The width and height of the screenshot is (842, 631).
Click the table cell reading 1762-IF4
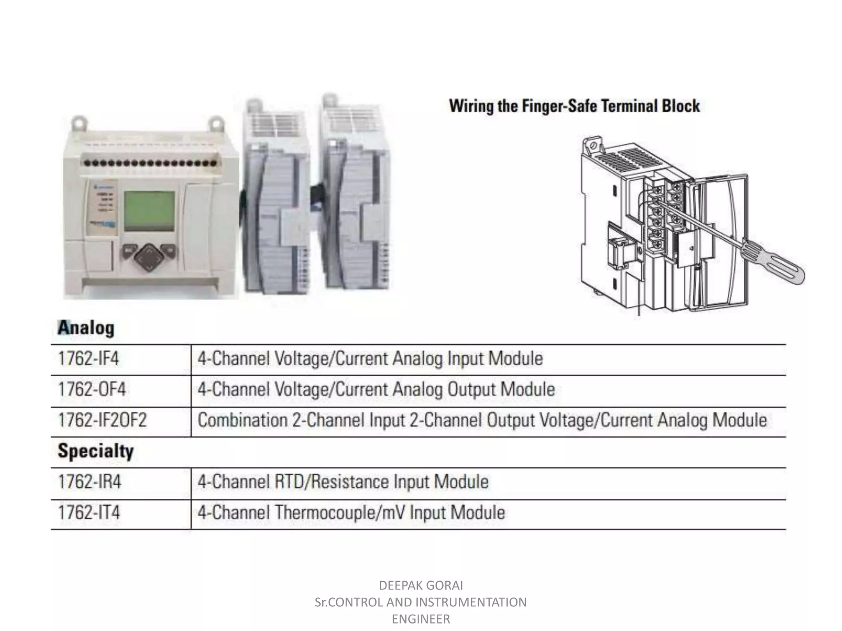pos(88,359)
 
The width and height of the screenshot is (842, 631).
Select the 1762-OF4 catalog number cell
pos(92,389)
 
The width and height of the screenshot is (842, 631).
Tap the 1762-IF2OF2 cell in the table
pos(102,420)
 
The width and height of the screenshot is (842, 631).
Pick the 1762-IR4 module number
pos(90,482)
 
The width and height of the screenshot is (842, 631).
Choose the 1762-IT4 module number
pos(89,513)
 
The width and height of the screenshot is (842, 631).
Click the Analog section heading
pos(86,328)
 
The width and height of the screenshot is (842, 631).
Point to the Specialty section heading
pos(96,451)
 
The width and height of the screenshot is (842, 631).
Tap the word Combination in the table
pos(243,420)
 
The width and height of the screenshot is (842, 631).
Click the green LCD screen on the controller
pos(149,211)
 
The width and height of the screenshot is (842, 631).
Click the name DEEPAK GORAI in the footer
pos(421,585)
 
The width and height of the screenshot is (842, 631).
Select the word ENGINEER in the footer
pos(421,619)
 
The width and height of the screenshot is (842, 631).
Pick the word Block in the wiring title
pos(680,106)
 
